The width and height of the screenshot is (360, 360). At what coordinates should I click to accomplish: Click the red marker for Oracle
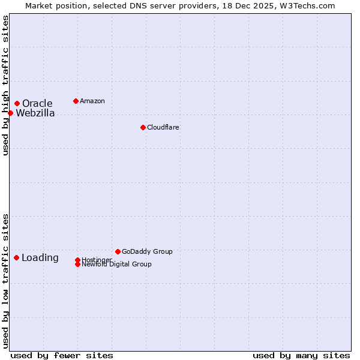point(17,103)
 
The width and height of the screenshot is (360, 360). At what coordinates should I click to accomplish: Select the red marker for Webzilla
point(10,113)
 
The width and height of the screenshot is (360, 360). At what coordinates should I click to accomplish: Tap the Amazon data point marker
point(76,101)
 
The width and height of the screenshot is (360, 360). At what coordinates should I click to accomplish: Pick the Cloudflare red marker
point(143,127)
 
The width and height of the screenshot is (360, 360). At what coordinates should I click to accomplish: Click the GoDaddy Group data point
point(118,251)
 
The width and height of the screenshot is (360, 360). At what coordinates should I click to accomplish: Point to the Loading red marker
point(16,257)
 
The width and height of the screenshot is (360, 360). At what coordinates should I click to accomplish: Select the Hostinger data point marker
point(77,260)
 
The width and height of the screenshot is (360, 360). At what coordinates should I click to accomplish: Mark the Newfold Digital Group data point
point(77,264)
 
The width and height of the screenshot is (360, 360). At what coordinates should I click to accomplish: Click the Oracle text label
point(37,104)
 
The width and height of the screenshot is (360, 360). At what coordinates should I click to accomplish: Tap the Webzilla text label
point(35,113)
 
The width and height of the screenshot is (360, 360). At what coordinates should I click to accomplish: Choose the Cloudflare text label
point(163,127)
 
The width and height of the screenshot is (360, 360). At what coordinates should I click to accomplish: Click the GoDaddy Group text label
point(147,251)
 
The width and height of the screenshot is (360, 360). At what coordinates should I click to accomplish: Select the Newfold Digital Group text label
point(116,265)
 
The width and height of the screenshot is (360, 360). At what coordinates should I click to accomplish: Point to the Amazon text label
point(92,101)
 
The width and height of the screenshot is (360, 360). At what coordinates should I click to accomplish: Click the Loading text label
point(40,258)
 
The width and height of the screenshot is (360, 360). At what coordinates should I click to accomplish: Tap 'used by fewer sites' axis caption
point(62,355)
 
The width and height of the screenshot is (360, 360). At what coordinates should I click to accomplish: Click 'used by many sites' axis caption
point(301,355)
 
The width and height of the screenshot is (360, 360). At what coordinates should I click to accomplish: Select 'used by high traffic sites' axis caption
point(5,85)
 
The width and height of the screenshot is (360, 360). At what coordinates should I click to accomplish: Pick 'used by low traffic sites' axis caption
point(5,280)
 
